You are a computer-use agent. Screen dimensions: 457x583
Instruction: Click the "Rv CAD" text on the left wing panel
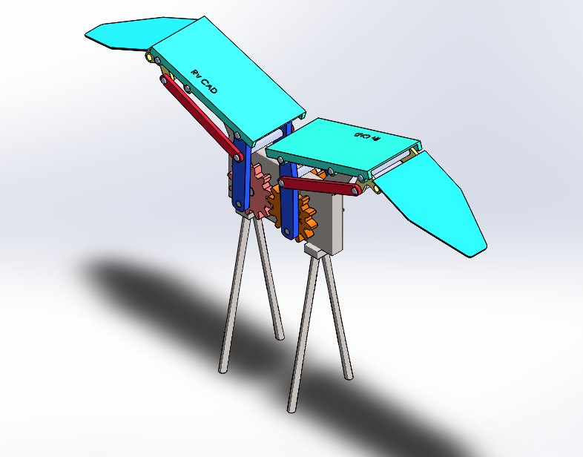click(x=204, y=82)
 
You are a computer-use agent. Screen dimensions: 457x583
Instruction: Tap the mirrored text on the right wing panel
click(x=366, y=137)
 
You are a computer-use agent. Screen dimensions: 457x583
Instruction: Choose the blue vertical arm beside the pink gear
click(x=241, y=174)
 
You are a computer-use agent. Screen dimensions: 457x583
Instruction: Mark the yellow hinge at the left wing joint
click(x=152, y=57)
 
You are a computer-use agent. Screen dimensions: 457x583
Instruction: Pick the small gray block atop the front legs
click(x=316, y=253)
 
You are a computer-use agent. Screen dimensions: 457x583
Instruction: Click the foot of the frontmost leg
click(x=291, y=408)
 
